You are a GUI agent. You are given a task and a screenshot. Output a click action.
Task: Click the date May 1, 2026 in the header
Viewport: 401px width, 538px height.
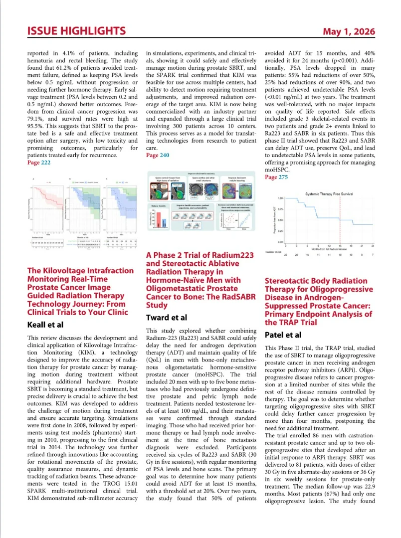(349, 31)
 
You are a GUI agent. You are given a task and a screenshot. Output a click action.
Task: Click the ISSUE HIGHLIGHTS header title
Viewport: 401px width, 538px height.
(76, 31)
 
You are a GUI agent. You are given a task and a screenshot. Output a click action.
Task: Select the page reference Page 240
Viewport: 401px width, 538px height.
(157, 155)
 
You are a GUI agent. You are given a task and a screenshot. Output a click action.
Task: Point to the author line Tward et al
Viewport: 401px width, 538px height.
(167, 318)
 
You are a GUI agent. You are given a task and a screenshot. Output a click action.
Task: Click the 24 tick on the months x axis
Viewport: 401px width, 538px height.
(387, 246)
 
